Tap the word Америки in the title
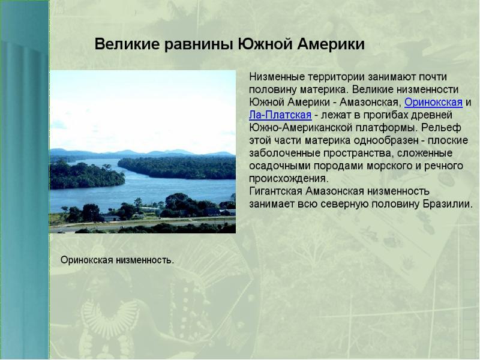331,44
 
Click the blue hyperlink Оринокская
433,102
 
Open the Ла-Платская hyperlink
280,115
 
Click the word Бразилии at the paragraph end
448,204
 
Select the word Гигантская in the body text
275,191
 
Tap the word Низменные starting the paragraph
277,77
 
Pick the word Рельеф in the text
441,128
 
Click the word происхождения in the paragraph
289,178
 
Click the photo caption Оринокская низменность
117,260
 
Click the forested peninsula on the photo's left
86,176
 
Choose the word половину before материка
272,89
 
